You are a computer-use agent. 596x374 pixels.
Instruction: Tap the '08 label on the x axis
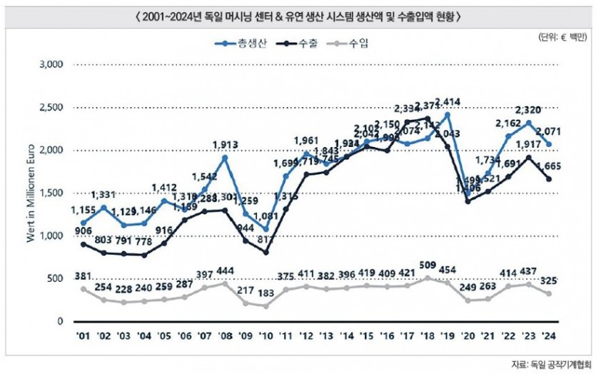click(225, 334)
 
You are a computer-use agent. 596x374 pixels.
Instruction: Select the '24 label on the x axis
click(548, 334)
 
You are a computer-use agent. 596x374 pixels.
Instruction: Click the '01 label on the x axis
click(84, 334)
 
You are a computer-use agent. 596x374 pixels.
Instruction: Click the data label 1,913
click(225, 145)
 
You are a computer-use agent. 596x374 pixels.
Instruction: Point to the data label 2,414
click(448, 101)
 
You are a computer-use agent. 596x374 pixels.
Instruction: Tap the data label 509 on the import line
click(427, 268)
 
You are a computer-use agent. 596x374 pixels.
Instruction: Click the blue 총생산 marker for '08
click(225, 157)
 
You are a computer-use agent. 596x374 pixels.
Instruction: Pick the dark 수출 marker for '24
click(548, 178)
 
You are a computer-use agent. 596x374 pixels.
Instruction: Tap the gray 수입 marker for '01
click(84, 288)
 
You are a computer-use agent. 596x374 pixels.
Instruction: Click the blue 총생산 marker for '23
click(528, 123)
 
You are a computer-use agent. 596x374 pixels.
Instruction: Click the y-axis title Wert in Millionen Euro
click(31, 193)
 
